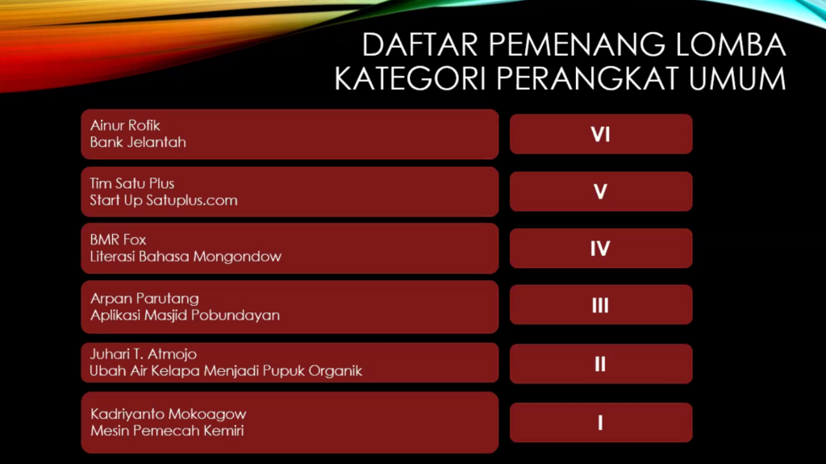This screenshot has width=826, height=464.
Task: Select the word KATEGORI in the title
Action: pyautogui.click(x=410, y=78)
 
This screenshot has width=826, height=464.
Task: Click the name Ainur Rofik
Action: pyautogui.click(x=125, y=126)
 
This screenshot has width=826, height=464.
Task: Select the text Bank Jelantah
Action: pyautogui.click(x=138, y=142)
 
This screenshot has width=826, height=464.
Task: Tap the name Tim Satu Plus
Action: pyautogui.click(x=131, y=183)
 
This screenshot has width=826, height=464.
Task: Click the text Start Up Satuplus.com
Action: pyautogui.click(x=164, y=200)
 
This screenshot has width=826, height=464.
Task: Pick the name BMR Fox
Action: pyautogui.click(x=118, y=240)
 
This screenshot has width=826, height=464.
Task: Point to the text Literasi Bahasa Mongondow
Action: pyautogui.click(x=186, y=257)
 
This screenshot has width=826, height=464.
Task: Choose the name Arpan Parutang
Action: pyautogui.click(x=145, y=299)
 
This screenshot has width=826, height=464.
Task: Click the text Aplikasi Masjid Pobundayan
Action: pyautogui.click(x=185, y=316)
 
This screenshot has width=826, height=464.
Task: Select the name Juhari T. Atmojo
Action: pyautogui.click(x=144, y=353)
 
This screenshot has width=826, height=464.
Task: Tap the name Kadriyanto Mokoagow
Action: pyautogui.click(x=169, y=414)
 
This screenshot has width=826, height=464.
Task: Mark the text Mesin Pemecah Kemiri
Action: pyautogui.click(x=167, y=431)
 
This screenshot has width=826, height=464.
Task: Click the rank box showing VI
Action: pyautogui.click(x=601, y=134)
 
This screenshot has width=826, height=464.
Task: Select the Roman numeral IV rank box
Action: pyautogui.click(x=601, y=249)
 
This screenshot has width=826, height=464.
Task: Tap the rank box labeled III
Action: pyautogui.click(x=601, y=305)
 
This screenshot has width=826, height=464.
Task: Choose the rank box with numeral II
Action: pyautogui.click(x=601, y=364)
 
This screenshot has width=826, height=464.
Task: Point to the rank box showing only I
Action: pyautogui.click(x=601, y=422)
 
